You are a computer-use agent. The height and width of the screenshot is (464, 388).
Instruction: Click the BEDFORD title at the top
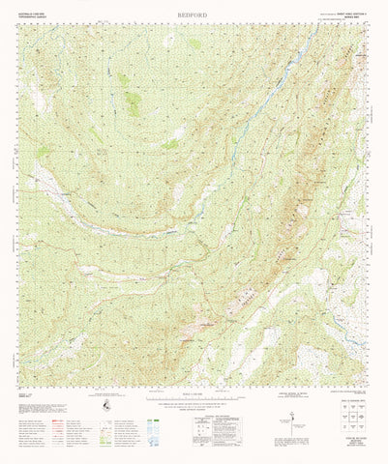click(x=194, y=15)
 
